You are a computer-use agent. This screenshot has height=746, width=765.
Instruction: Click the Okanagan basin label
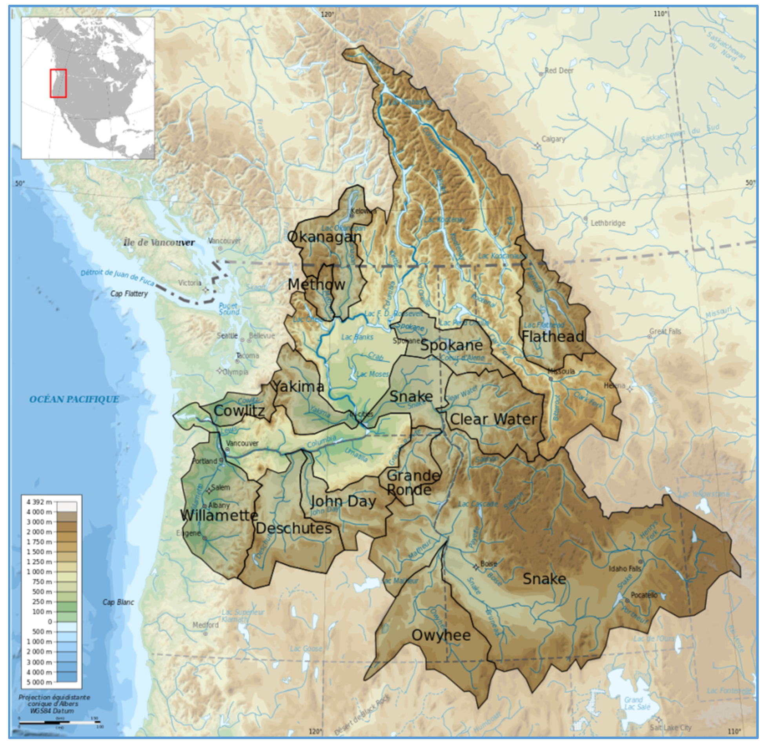[x=324, y=237]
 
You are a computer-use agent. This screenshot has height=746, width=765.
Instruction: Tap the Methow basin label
[x=316, y=285]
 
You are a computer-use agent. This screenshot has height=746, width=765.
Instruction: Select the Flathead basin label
[x=553, y=337]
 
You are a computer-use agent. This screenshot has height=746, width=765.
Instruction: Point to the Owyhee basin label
[x=441, y=635]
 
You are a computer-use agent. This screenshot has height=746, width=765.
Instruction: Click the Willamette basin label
[x=219, y=515]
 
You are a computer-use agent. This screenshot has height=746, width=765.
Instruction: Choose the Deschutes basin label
[x=294, y=529]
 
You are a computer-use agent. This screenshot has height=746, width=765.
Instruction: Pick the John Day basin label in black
[x=343, y=501]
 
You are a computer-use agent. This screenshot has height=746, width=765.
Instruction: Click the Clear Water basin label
[x=493, y=419]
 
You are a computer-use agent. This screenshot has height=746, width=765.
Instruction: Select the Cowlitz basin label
[x=239, y=411]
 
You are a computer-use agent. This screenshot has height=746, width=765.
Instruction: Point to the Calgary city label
[x=553, y=139]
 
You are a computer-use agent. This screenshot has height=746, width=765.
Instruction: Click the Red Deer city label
[x=559, y=71]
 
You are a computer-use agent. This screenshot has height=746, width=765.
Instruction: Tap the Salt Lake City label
[x=670, y=728]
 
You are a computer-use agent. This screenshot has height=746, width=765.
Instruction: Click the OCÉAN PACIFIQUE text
[x=74, y=399]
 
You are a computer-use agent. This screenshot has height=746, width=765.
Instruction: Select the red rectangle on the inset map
[x=58, y=84]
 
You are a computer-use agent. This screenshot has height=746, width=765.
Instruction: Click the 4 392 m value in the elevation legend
[x=39, y=502]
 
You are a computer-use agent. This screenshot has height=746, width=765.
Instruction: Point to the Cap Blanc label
[x=118, y=602]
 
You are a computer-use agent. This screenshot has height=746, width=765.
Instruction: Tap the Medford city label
[x=206, y=625]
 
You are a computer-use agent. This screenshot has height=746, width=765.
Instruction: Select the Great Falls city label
[x=665, y=331]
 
